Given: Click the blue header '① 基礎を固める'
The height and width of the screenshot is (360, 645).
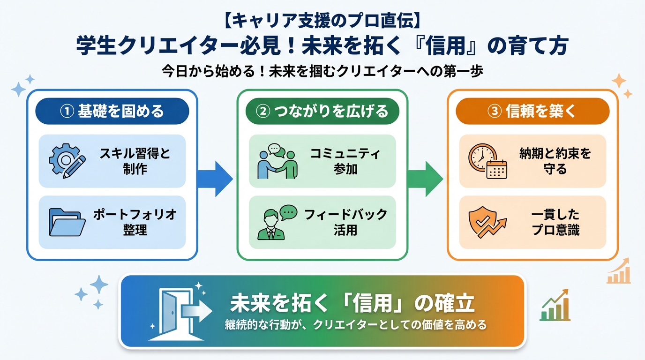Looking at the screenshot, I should [112, 111].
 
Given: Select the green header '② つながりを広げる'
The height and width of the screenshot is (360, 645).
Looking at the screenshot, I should [322, 111].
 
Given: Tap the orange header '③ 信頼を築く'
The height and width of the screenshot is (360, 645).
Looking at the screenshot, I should [532, 111].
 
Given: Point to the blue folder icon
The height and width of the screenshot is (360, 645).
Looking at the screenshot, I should [67, 222].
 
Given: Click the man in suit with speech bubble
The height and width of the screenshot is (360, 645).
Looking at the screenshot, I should [277, 222].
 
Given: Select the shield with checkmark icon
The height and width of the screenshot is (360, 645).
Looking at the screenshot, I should [487, 222].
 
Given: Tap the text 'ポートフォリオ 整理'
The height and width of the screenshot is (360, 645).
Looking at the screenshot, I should [135, 222].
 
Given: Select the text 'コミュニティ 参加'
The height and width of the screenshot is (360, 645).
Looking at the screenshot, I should [345, 161].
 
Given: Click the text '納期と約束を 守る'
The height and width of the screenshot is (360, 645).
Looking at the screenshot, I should [555, 161].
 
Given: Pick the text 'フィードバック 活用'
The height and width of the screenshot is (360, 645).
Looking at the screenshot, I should [345, 222].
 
